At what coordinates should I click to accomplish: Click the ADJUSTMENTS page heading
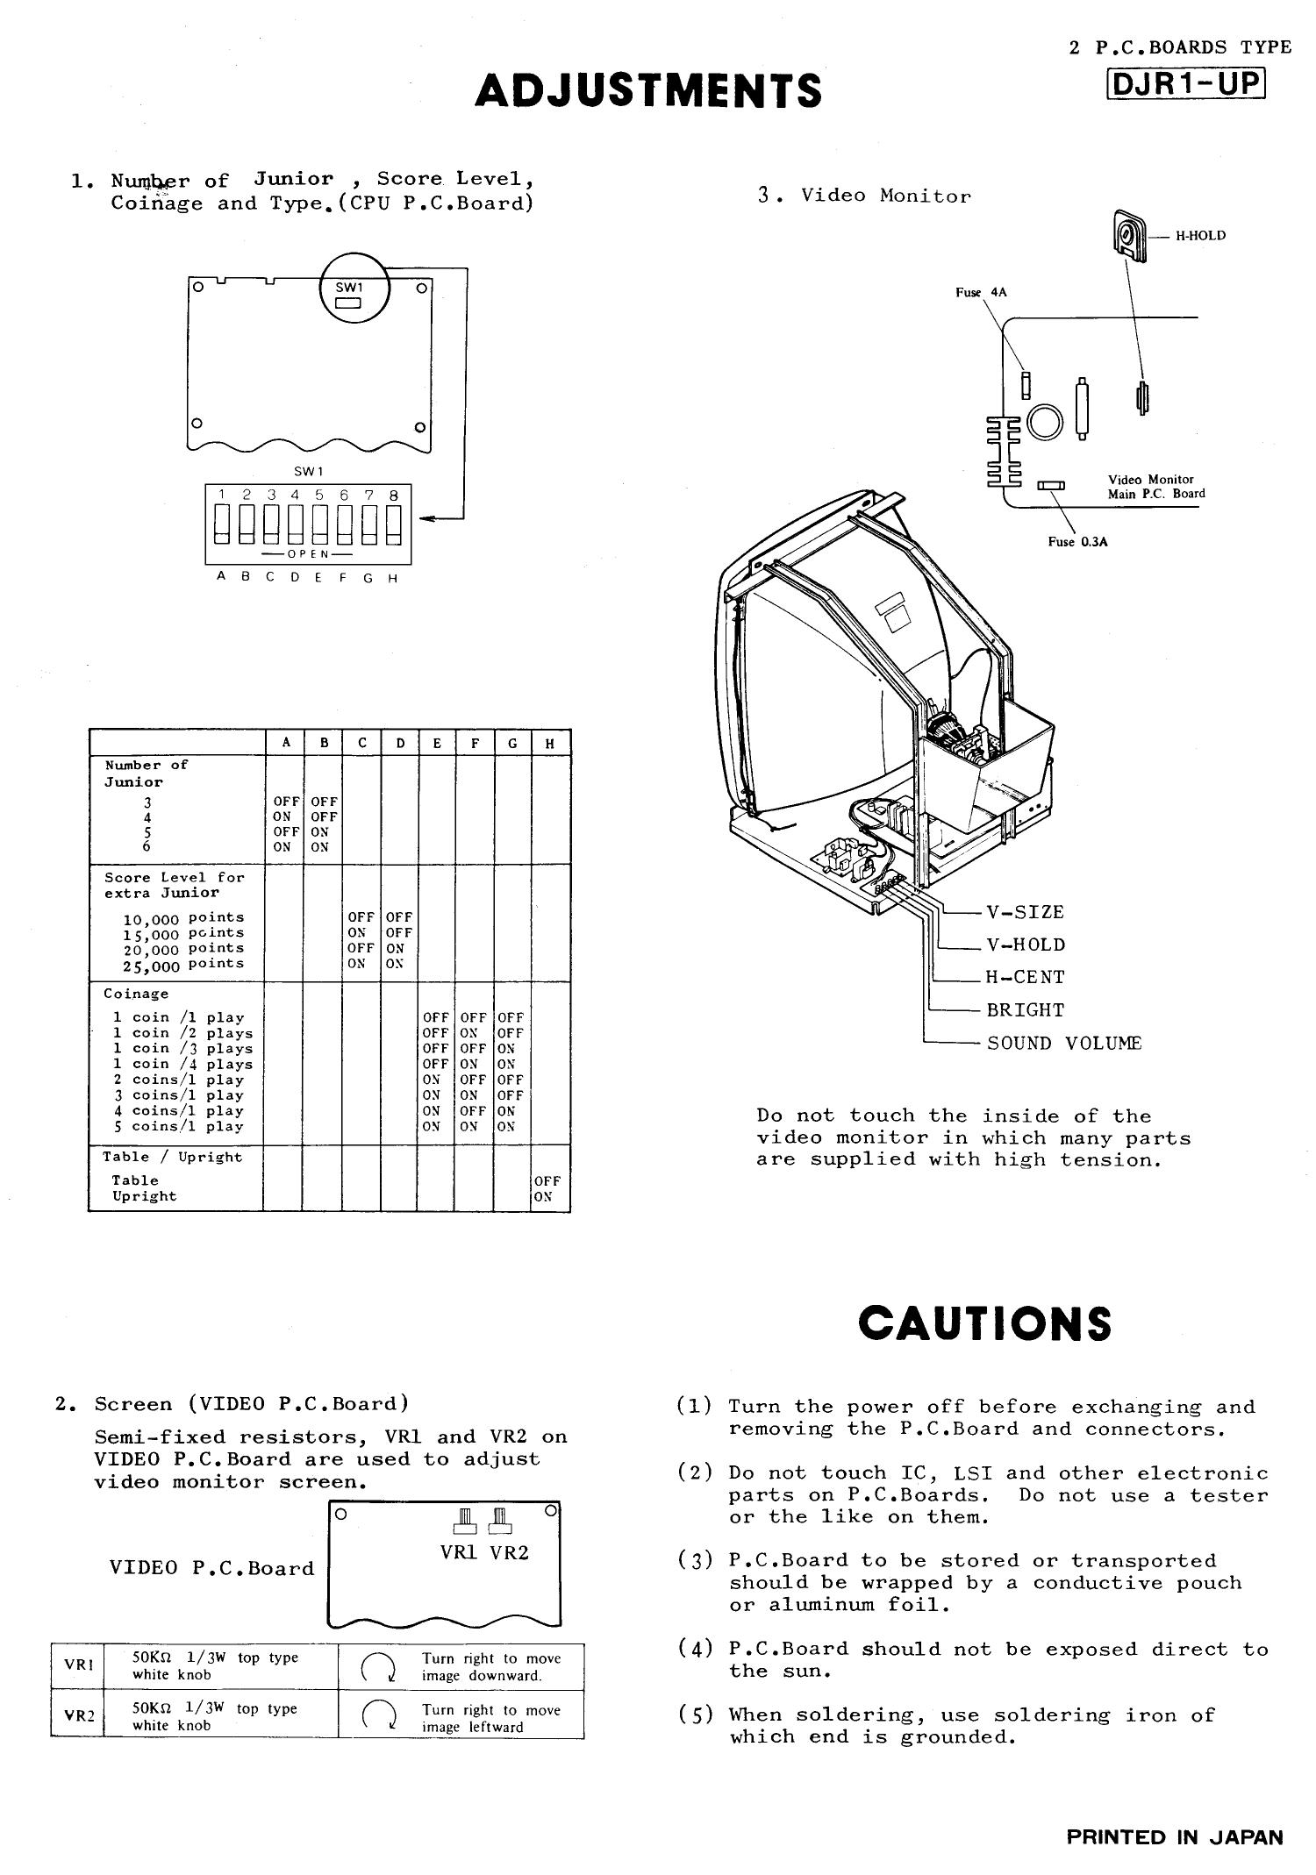pos(648,90)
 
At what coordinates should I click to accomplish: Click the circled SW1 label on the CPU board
pos(348,288)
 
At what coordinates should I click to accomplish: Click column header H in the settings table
pos(550,743)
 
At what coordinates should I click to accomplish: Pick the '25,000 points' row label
pos(183,964)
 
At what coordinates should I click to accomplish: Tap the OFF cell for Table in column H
pos(547,1180)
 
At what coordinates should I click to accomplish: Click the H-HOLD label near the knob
pos(1200,235)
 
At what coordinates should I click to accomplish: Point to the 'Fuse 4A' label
pos(981,292)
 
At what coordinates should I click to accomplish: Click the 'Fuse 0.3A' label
pos(1077,541)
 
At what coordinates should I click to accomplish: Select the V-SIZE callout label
pos(1025,912)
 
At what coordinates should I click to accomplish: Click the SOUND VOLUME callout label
pos(1063,1043)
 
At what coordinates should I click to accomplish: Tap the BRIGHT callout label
pos(1025,1009)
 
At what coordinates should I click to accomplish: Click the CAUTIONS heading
pos(984,1323)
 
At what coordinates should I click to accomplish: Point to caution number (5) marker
pos(694,1715)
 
